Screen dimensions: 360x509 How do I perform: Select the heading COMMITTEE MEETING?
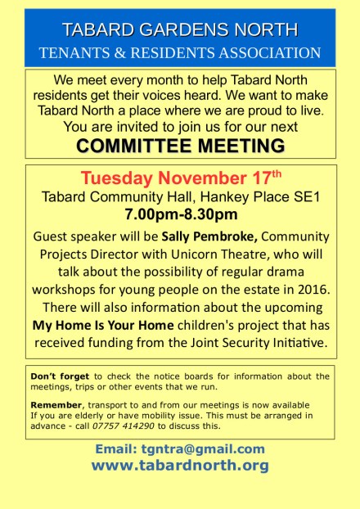pyautogui.click(x=180, y=146)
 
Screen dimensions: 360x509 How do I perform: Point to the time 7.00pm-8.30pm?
pyautogui.click(x=180, y=216)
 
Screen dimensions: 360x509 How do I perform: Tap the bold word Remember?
pyautogui.click(x=56, y=405)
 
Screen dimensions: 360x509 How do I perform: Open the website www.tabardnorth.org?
pyautogui.click(x=180, y=466)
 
